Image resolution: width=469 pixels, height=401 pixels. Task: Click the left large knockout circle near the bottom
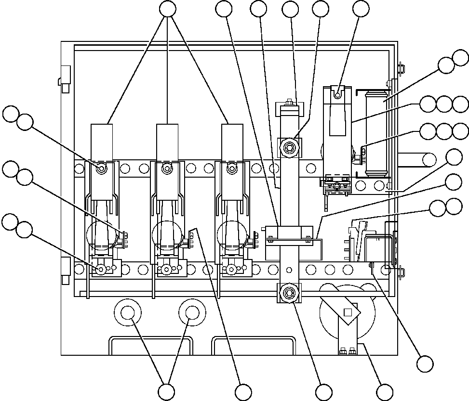click(128, 313)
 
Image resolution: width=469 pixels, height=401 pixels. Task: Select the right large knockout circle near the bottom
click(192, 313)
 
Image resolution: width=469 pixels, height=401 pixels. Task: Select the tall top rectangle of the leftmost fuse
click(102, 142)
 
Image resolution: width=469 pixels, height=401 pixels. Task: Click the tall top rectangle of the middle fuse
click(167, 142)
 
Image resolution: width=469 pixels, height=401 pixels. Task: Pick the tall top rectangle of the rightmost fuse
click(232, 142)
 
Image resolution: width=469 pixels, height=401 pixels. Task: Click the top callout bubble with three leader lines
click(167, 9)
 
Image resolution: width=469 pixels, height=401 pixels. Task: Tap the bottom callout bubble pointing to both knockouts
click(167, 391)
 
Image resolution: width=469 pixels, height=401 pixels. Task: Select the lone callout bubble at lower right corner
click(425, 363)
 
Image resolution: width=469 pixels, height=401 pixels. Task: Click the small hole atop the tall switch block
click(337, 95)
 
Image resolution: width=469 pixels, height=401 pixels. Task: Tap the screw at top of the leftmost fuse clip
click(102, 168)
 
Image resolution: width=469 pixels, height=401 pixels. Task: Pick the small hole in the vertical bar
click(289, 269)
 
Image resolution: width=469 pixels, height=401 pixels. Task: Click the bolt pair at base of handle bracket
click(347, 351)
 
